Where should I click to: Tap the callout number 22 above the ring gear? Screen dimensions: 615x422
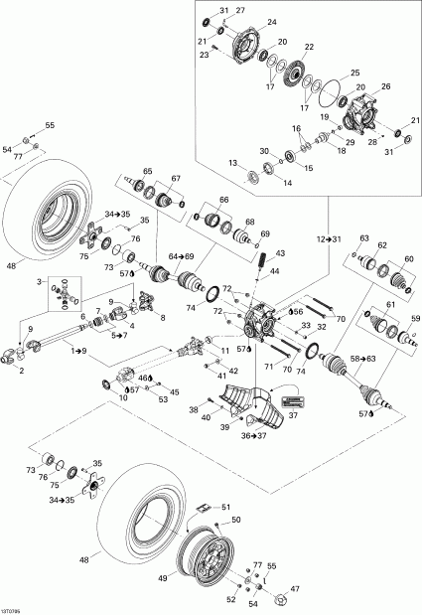click(x=309, y=48)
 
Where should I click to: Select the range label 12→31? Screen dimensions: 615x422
click(x=316, y=240)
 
